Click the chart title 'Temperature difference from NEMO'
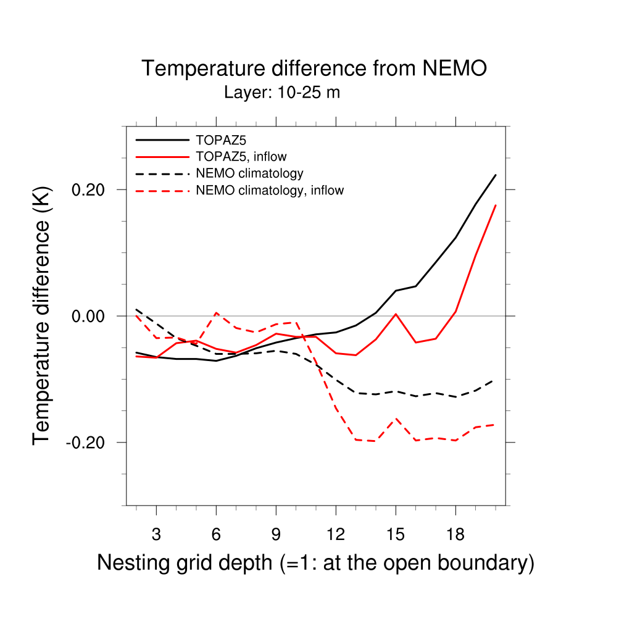click(x=314, y=69)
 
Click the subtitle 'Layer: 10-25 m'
click(x=282, y=93)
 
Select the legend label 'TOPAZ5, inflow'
click(x=241, y=156)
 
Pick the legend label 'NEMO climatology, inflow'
click(x=269, y=191)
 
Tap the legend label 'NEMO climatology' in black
click(x=249, y=173)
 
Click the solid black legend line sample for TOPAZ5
click(x=162, y=139)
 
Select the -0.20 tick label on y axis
click(x=89, y=443)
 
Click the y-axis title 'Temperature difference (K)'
click(x=42, y=315)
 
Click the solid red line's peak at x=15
click(x=396, y=314)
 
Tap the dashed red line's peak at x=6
click(x=216, y=313)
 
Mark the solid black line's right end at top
click(x=496, y=175)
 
